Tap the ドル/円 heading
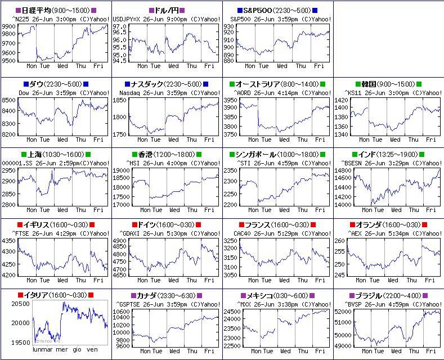pyautogui.click(x=167, y=11)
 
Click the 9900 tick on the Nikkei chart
pyautogui.click(x=8, y=26)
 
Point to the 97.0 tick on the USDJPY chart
pyautogui.click(x=119, y=26)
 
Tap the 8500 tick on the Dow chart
pyautogui.click(x=8, y=100)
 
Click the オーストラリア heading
pyautogui.click(x=277, y=84)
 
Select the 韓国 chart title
pyautogui.click(x=388, y=84)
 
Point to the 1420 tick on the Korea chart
pyautogui.click(x=342, y=100)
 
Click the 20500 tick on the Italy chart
pyautogui.click(x=20, y=304)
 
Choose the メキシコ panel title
pyautogui.click(x=277, y=295)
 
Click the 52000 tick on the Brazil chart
pyautogui.click(x=343, y=311)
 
